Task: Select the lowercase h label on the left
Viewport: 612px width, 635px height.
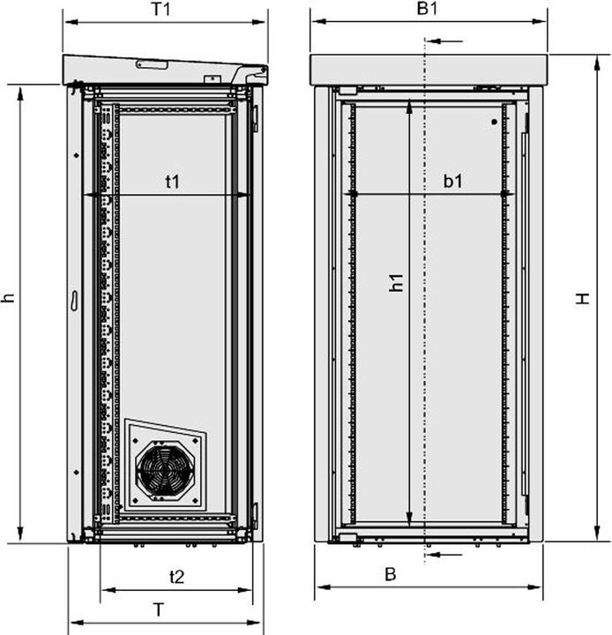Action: coord(9,297)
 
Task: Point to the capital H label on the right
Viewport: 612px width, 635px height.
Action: coord(583,299)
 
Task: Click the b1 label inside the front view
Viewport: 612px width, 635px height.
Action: coord(453,182)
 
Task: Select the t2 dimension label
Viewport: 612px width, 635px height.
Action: coord(176,577)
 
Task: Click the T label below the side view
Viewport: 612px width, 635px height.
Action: coord(158,609)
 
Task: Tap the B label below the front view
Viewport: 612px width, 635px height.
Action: coord(390,574)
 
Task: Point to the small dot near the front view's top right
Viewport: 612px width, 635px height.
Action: coord(494,122)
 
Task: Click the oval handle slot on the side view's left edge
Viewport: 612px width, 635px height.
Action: coord(75,300)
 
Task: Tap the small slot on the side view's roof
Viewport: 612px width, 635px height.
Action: coord(151,64)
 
